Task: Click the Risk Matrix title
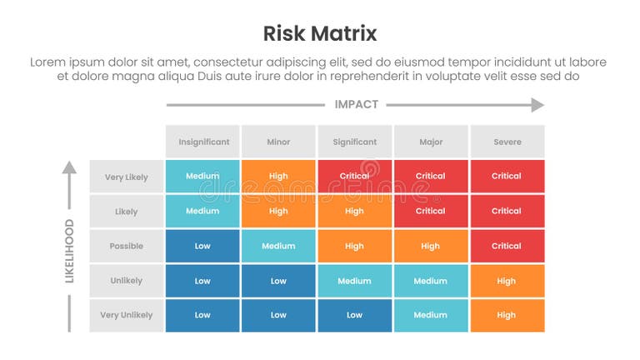coord(320,33)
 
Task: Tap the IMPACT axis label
coord(356,105)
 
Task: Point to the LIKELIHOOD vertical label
coord(70,251)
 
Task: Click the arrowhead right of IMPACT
coord(537,105)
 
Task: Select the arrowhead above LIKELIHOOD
coord(70,167)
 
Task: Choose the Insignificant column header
coord(202,142)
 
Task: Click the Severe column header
coord(507,142)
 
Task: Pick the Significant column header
coord(355,142)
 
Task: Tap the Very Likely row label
coord(127,177)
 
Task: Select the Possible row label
coord(127,247)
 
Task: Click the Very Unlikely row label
coord(127,316)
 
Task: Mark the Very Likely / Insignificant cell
coord(202,177)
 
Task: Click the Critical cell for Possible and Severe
coord(507,247)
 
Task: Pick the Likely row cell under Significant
coord(355,212)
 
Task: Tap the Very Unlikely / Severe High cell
coord(507,316)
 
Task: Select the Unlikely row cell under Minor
coord(278,282)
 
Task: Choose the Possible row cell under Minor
coord(278,247)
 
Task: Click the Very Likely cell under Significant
coord(355,177)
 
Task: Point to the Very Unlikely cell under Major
coord(431,316)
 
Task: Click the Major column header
coord(431,142)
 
